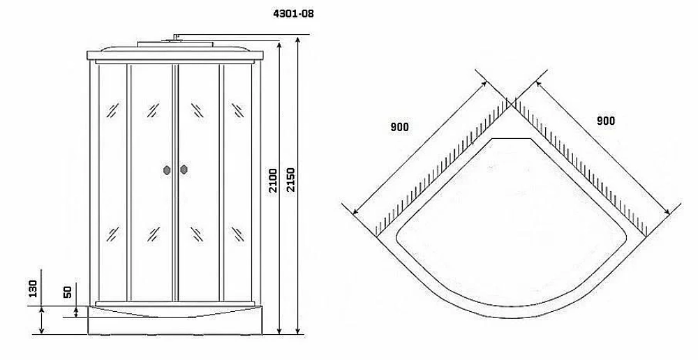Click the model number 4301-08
coord(293,14)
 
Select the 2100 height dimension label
coord(273,180)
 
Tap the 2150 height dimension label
coord(290,180)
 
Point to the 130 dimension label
coord(33,289)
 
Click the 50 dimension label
coord(68,292)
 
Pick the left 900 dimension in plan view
coord(399,127)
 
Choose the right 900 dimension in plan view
coord(605,121)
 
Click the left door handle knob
coord(168,170)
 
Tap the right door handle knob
coord(184,170)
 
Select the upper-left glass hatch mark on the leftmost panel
coord(112,110)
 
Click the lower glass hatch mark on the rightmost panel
coord(238,234)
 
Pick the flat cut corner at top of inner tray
coord(512,139)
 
